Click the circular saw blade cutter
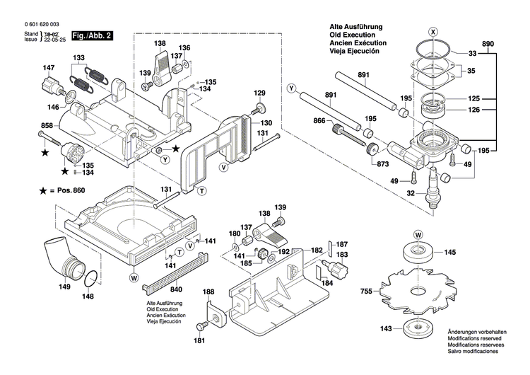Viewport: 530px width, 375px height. [418, 289]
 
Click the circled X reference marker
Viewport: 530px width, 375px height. [434, 31]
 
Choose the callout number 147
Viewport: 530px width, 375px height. [48, 68]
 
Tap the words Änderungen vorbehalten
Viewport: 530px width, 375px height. [476, 333]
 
